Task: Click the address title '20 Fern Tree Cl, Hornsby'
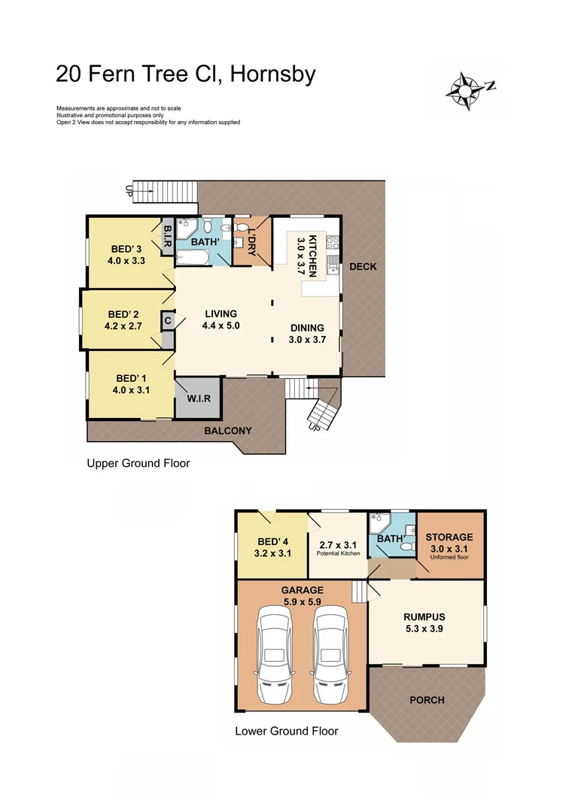[185, 74]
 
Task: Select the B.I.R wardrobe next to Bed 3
[168, 235]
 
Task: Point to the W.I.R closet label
[199, 398]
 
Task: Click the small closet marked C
[167, 320]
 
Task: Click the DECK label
[363, 267]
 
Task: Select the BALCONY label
[228, 431]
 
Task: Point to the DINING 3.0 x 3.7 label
[307, 333]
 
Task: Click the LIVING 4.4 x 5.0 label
[220, 320]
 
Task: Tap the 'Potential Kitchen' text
[337, 553]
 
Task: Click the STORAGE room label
[449, 542]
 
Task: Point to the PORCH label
[427, 699]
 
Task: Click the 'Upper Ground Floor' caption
[138, 463]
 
